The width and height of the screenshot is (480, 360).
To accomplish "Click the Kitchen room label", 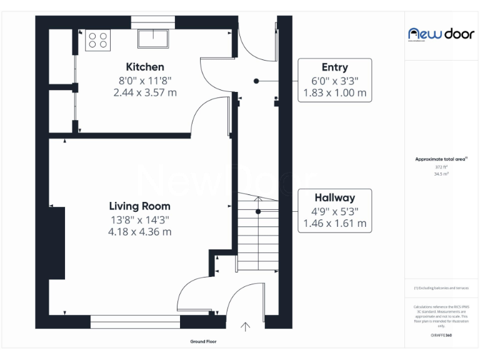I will (x=145, y=67).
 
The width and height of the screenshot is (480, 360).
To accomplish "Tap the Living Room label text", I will (x=139, y=206).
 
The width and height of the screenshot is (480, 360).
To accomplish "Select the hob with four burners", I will (x=97, y=41).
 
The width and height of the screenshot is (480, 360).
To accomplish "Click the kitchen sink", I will (x=153, y=38).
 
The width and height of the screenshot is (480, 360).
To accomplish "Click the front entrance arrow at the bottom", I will (x=246, y=326).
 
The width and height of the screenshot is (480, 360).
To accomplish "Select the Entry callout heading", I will (x=334, y=67).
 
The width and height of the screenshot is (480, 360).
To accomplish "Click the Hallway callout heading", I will (x=334, y=197).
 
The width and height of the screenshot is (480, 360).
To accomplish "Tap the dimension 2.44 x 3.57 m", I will (x=145, y=92).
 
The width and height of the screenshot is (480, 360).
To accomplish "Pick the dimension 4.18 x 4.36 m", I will (x=139, y=231).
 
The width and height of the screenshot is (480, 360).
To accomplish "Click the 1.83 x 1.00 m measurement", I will (x=334, y=93).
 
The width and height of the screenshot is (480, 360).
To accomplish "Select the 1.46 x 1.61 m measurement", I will (x=334, y=223).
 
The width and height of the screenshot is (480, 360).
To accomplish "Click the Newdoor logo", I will (x=441, y=34).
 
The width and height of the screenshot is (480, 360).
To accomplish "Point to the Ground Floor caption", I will (x=204, y=342).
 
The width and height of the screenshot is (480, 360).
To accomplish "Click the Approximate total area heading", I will (x=441, y=159).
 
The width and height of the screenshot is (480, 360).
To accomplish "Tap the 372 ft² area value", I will (x=441, y=167).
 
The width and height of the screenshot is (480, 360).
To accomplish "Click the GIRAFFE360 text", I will (x=441, y=336).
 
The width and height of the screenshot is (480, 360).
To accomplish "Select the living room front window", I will (x=135, y=322).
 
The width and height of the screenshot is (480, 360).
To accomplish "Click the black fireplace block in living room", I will (x=57, y=243).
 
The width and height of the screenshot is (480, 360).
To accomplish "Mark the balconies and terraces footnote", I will (x=441, y=287).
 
